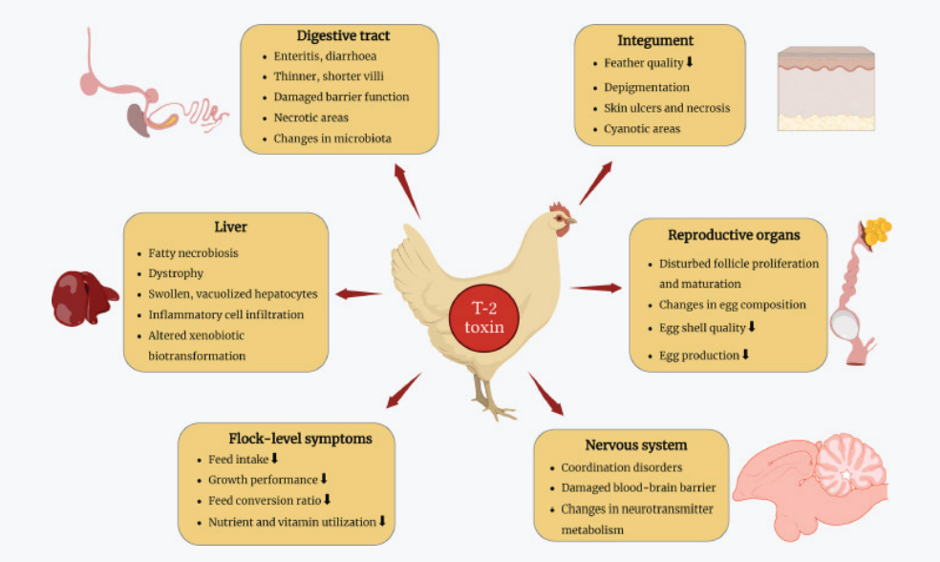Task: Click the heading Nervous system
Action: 635,444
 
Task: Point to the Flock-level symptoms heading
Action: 287,438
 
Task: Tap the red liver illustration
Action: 83,297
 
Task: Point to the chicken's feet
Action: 497,411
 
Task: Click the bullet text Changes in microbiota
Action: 331,139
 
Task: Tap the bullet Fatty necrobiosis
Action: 193,253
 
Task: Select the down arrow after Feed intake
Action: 274,459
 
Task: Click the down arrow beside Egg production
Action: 746,355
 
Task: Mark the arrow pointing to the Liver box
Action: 358,293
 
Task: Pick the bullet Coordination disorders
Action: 621,467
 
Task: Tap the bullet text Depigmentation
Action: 647,87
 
